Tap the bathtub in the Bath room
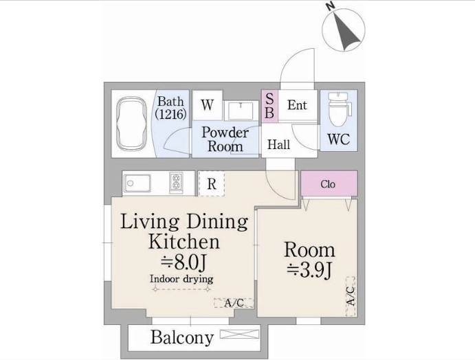(x=132, y=123)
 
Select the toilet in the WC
(x=339, y=110)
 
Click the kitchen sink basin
(x=137, y=183)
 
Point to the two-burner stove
(x=176, y=183)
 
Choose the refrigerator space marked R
(x=212, y=183)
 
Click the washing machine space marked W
(x=207, y=105)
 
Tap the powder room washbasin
(x=241, y=111)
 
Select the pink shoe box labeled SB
(x=269, y=106)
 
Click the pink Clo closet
(x=329, y=183)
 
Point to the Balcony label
(x=182, y=337)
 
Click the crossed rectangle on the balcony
(x=240, y=335)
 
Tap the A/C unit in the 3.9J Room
(x=351, y=296)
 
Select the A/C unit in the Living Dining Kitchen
(x=234, y=303)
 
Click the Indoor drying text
(x=181, y=278)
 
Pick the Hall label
(x=278, y=144)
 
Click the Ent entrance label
(x=297, y=105)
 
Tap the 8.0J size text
(x=184, y=263)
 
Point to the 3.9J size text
(x=309, y=270)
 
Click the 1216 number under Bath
(x=170, y=115)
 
